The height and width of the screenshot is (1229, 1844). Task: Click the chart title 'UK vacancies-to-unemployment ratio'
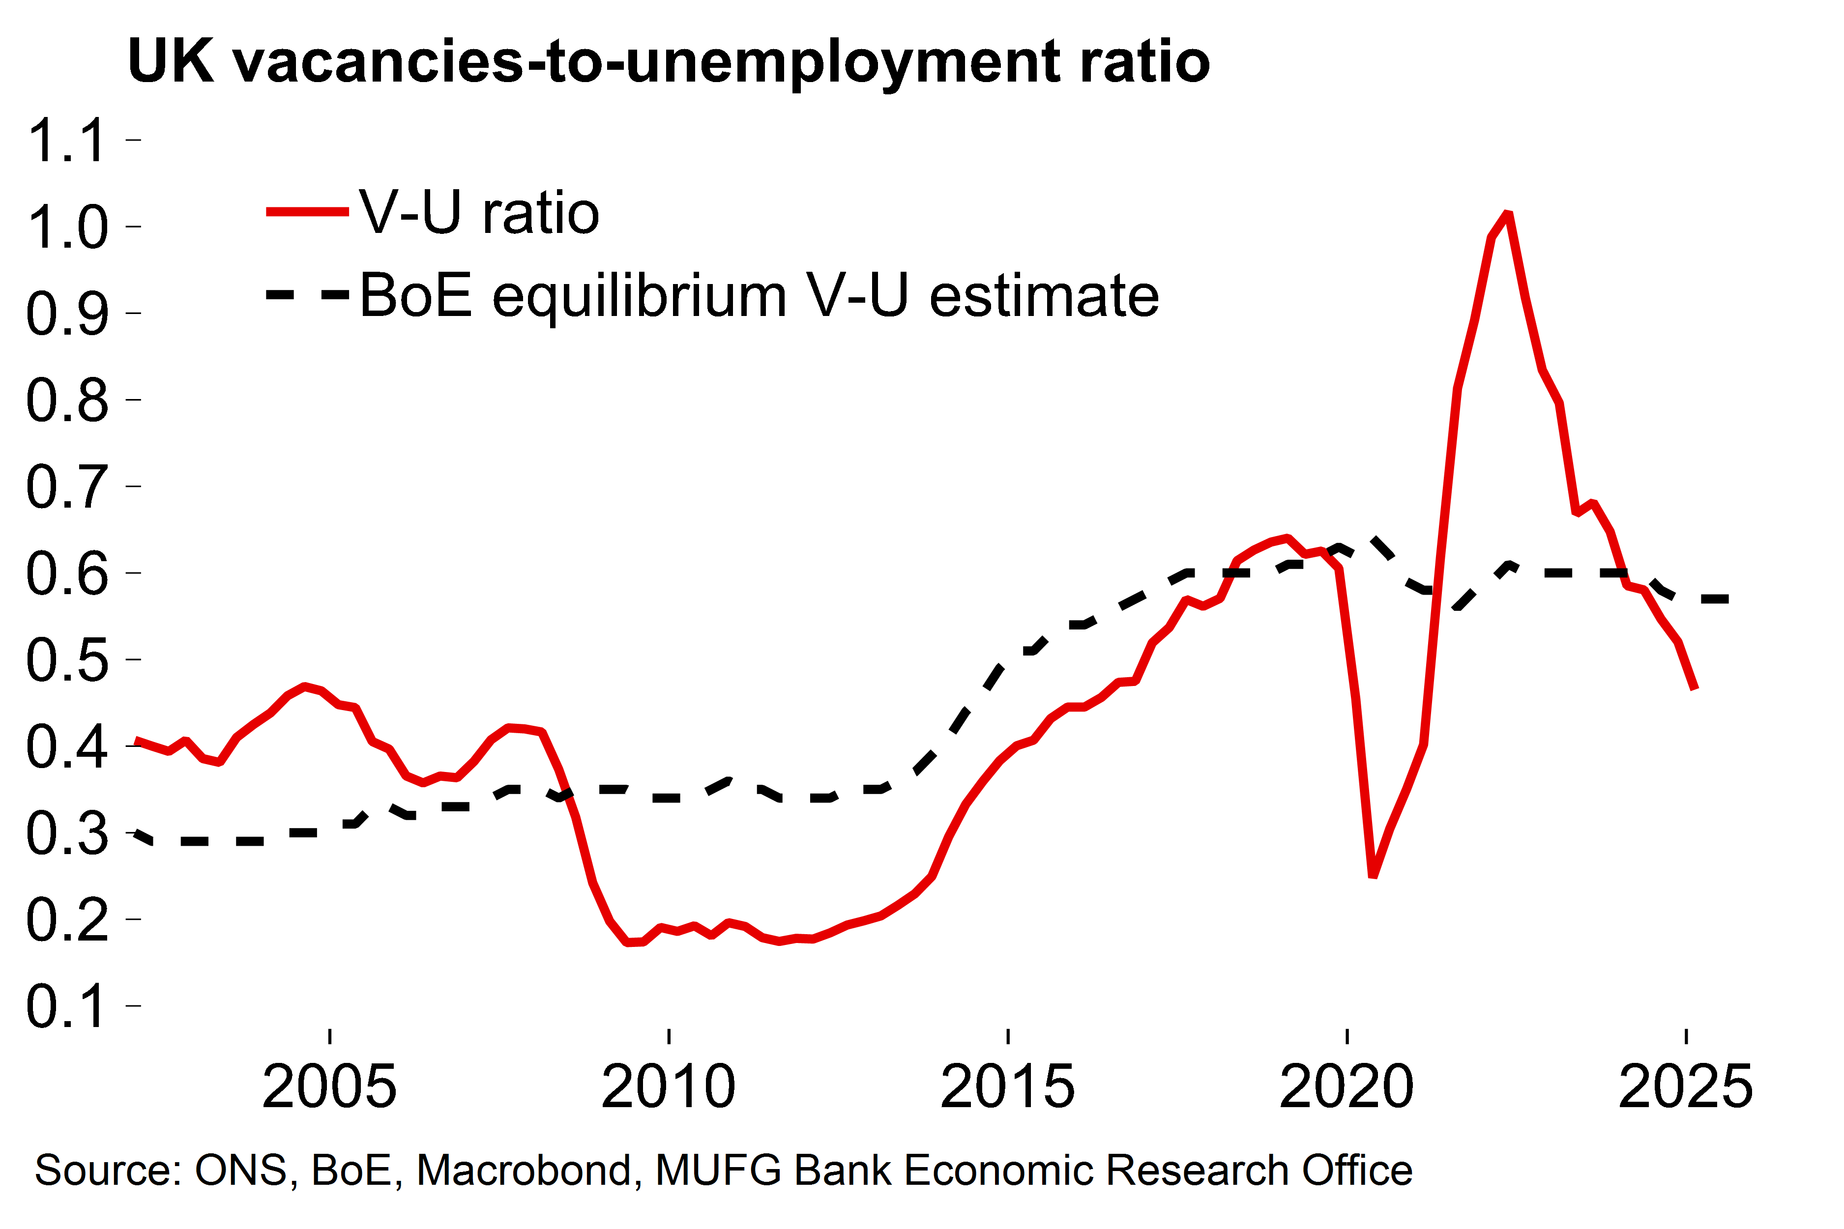pos(668,61)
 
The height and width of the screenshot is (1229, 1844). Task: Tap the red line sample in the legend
pos(307,212)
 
